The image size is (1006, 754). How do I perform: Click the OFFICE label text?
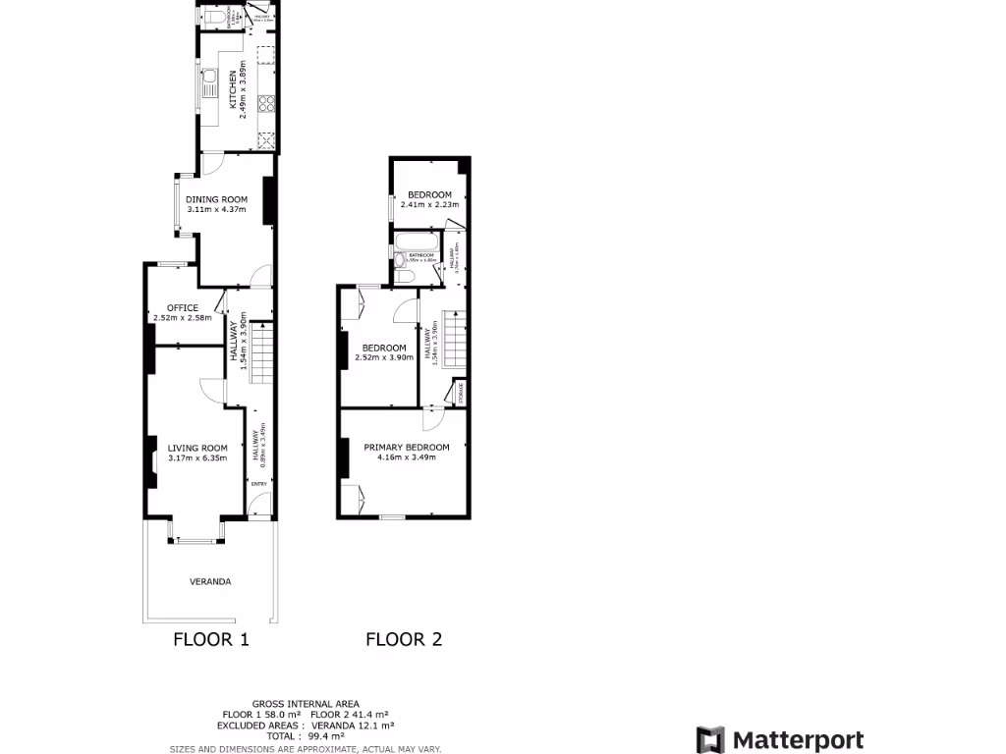183,308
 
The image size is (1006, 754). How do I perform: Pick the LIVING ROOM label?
197,449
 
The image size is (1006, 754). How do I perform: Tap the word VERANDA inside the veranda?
210,582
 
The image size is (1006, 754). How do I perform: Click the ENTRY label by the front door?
259,484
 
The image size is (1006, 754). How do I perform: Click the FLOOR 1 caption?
211,640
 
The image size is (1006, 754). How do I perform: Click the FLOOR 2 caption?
404,640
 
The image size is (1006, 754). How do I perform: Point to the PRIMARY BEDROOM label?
407,448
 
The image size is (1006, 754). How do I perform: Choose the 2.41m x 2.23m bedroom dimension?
430,205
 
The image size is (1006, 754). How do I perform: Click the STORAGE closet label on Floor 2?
459,393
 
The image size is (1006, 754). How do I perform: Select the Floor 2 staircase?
452,339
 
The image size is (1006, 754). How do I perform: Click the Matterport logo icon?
710,740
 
